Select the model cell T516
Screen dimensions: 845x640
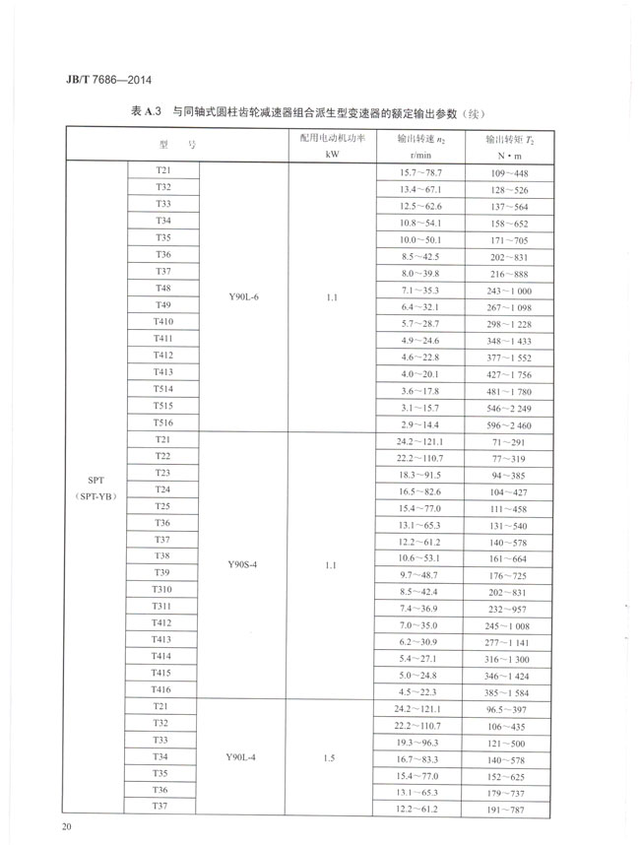pyautogui.click(x=163, y=422)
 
